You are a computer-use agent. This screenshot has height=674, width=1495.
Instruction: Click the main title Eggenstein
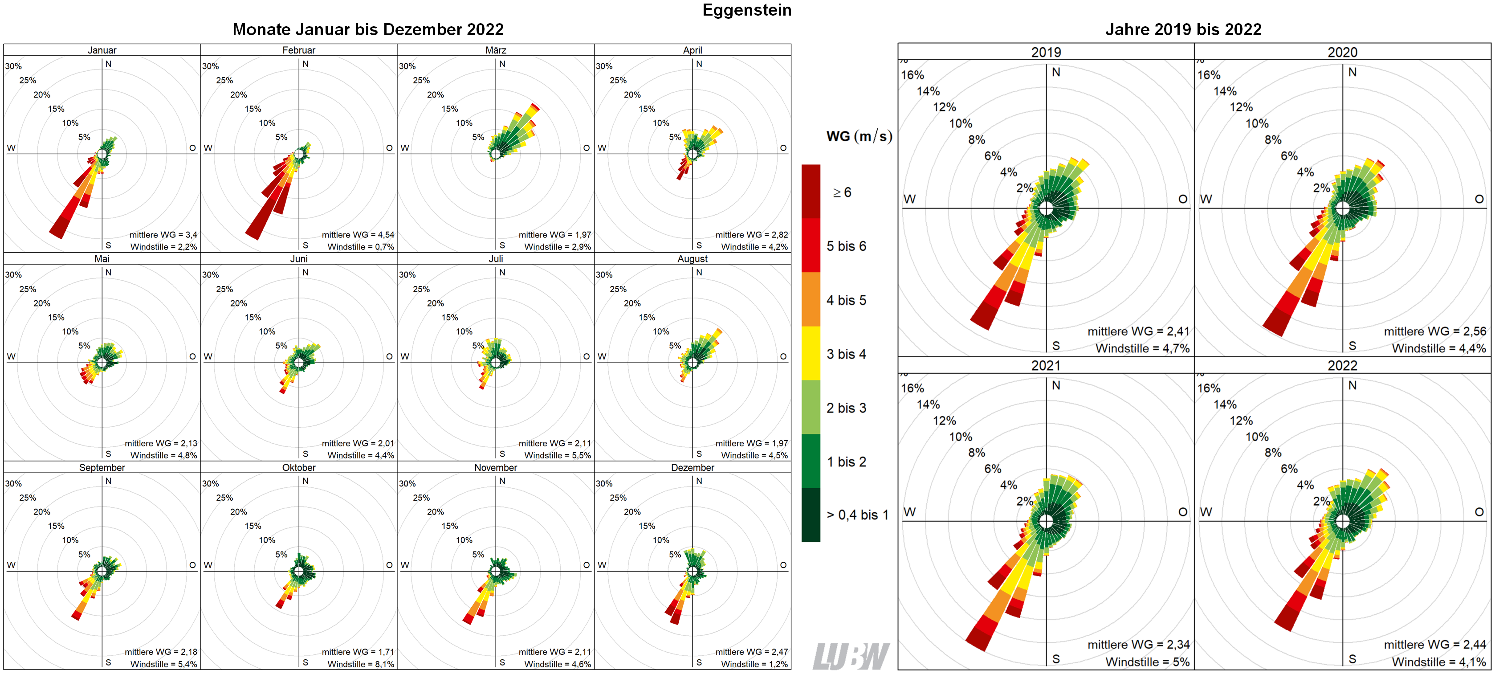(746, 10)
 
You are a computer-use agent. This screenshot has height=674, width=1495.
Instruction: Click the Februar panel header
(298, 50)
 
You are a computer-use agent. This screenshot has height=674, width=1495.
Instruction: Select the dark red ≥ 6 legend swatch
(811, 192)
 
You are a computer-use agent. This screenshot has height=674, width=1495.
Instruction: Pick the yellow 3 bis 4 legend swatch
(811, 353)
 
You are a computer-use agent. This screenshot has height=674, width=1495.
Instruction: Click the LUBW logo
(850, 656)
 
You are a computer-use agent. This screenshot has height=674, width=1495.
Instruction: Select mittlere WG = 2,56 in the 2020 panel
(1434, 331)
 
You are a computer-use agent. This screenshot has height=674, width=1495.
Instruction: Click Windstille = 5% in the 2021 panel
(1147, 662)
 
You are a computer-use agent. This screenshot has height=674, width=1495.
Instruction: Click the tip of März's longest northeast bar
(536, 107)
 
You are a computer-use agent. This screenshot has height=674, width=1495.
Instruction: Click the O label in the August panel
(783, 356)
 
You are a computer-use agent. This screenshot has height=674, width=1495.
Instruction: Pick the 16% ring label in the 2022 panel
(1209, 388)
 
